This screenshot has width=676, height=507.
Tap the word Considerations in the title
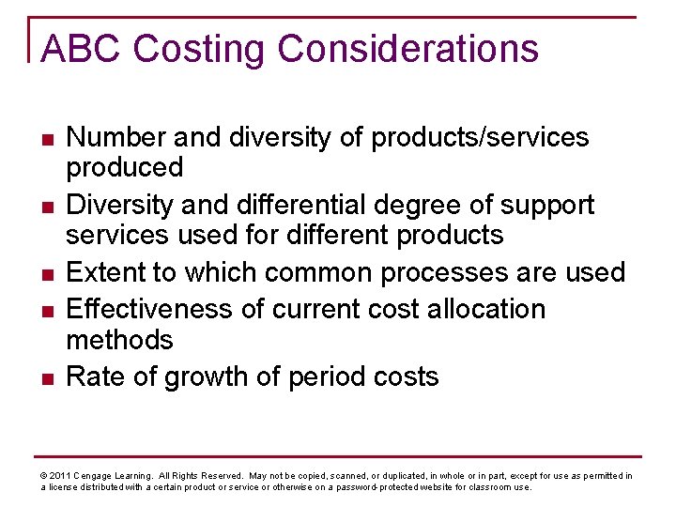point(409,49)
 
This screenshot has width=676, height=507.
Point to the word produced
point(124,168)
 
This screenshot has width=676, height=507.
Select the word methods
point(120,339)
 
